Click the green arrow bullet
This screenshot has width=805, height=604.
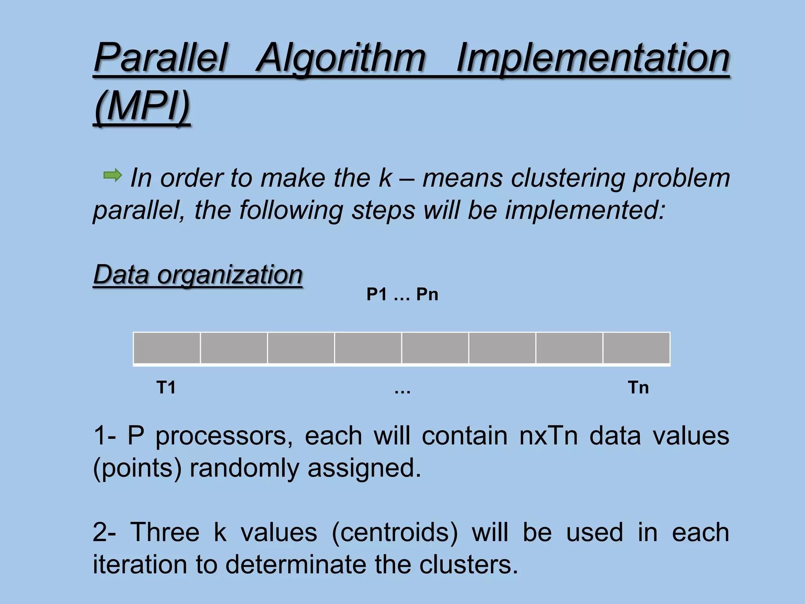(x=113, y=175)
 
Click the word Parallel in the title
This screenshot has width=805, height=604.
(x=160, y=58)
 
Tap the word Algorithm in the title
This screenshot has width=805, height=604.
(x=341, y=58)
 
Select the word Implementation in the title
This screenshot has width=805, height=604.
(x=593, y=58)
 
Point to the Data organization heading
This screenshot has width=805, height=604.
(x=198, y=274)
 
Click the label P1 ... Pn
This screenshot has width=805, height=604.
(x=402, y=295)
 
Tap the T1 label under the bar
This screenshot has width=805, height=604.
(x=166, y=388)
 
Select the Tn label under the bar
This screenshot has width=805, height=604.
(x=638, y=388)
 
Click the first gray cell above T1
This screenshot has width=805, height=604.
(x=167, y=348)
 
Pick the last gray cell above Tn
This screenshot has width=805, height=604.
(x=636, y=348)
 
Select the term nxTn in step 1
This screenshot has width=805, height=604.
(x=548, y=436)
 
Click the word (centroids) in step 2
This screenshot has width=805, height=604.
(x=395, y=532)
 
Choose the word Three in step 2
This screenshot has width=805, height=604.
(x=165, y=532)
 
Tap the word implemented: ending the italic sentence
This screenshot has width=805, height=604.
(x=584, y=210)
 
